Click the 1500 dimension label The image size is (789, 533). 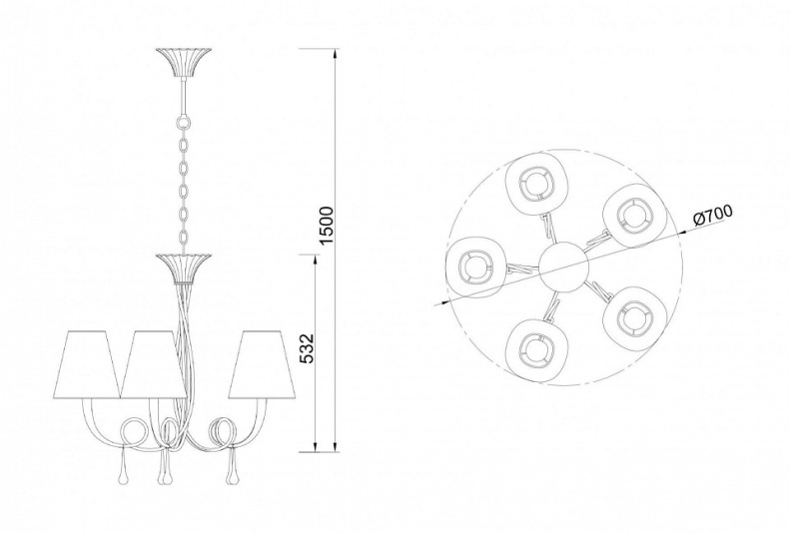(327, 225)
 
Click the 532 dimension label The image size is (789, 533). (307, 348)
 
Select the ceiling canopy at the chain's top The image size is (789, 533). (183, 63)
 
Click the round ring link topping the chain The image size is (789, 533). (183, 122)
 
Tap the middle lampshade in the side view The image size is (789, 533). (153, 363)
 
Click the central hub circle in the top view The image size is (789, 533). (563, 266)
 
